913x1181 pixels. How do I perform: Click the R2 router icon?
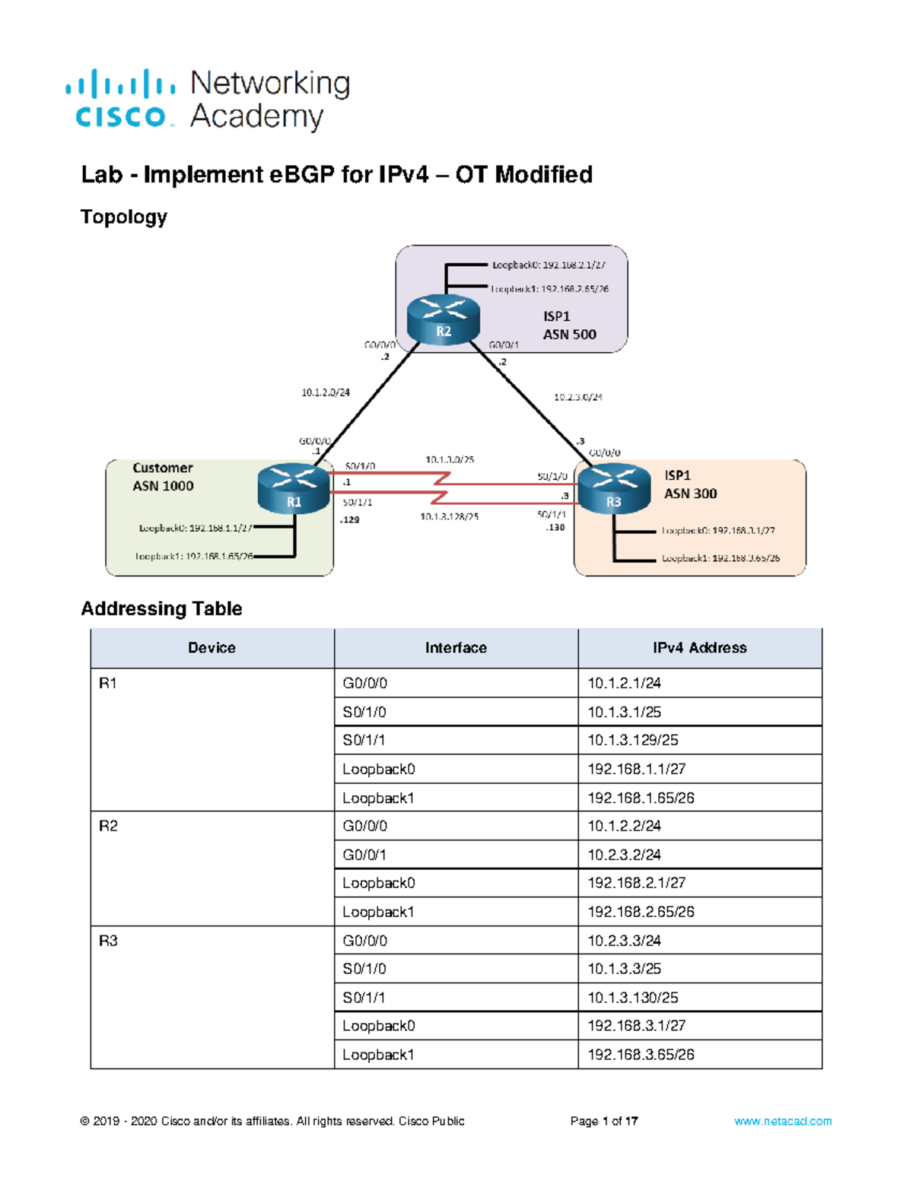click(x=444, y=320)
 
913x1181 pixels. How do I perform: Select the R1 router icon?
click(x=294, y=490)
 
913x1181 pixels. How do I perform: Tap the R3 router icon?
click(x=614, y=490)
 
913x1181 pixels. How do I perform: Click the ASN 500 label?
click(x=569, y=335)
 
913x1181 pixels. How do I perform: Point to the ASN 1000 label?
click(x=163, y=486)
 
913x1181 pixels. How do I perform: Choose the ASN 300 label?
click(x=690, y=494)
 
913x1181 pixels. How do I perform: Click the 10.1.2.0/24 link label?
click(x=326, y=393)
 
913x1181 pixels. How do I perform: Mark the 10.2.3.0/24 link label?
click(x=577, y=397)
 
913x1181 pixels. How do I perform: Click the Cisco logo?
click(x=120, y=99)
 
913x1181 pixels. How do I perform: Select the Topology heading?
click(x=123, y=217)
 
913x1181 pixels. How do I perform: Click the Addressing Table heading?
click(x=161, y=608)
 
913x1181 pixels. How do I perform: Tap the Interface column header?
click(x=456, y=648)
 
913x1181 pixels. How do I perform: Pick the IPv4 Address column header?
click(x=699, y=648)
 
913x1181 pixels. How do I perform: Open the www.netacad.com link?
click(x=782, y=1121)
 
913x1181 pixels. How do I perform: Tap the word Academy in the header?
click(x=256, y=117)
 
